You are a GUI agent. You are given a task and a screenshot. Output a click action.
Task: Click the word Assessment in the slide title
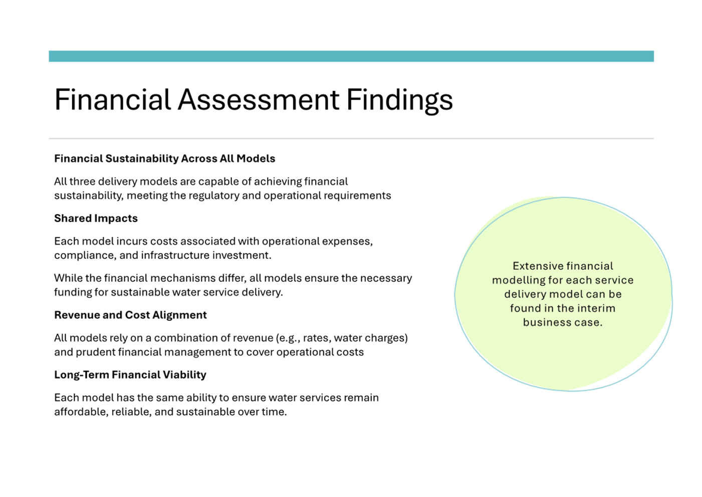pos(258,99)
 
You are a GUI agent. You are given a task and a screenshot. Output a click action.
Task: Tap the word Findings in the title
pos(399,99)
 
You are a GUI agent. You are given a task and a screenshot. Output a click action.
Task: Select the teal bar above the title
pos(351,56)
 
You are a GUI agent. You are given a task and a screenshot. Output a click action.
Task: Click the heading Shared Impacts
pos(96,218)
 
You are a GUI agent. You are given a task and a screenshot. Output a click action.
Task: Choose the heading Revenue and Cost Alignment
pos(130,315)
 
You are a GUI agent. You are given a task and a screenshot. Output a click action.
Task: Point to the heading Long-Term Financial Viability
pos(130,375)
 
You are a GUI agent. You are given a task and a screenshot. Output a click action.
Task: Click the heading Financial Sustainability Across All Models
pos(164,158)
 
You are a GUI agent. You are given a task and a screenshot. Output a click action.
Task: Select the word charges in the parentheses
pos(385,338)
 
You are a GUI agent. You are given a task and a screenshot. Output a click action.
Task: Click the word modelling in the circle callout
pos(515,280)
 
